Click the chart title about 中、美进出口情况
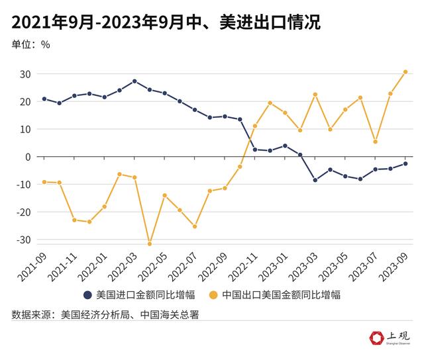(x=166, y=23)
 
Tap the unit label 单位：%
(x=30, y=45)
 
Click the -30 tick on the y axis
(x=24, y=240)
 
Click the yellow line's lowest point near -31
(x=150, y=244)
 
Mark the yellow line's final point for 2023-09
(x=405, y=72)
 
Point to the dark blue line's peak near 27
(x=134, y=81)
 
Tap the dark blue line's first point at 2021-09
(x=44, y=99)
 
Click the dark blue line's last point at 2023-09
(x=405, y=163)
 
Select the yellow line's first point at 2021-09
(x=44, y=182)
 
